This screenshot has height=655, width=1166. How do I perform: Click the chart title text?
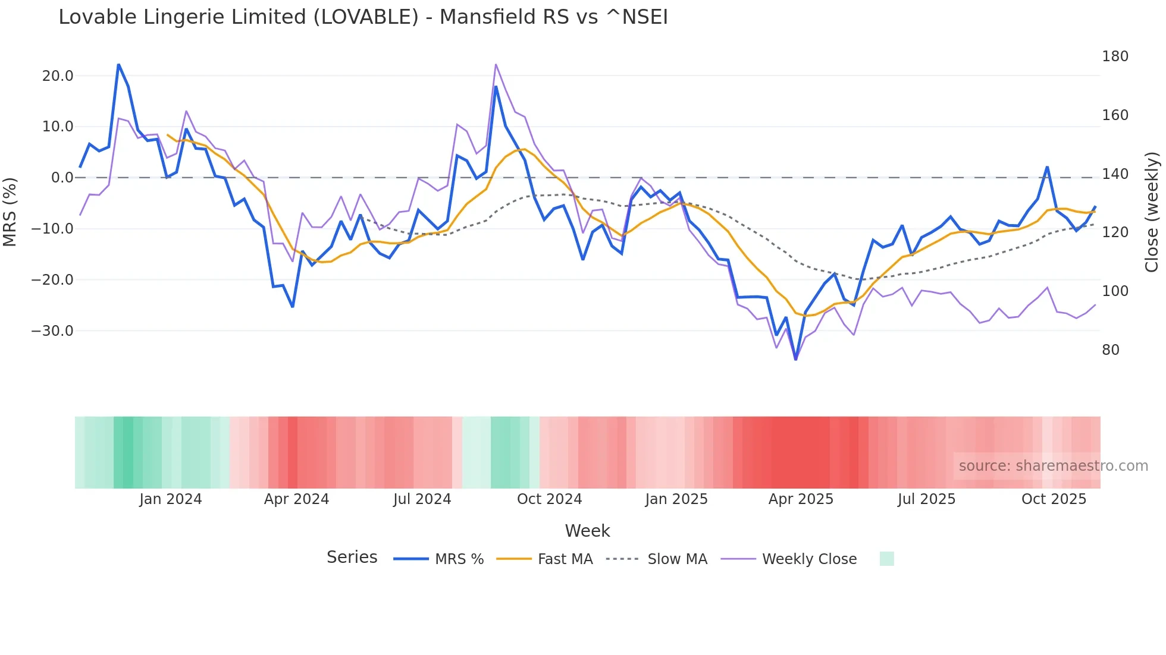click(x=363, y=17)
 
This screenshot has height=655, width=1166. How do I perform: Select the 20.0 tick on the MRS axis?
click(x=58, y=76)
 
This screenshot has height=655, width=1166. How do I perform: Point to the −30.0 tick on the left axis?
click(x=52, y=331)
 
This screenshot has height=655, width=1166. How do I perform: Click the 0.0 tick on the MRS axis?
click(x=62, y=178)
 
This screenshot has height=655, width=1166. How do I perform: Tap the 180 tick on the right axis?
click(x=1115, y=56)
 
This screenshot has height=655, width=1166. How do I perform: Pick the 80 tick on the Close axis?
click(x=1110, y=350)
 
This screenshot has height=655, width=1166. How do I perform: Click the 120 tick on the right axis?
click(x=1115, y=232)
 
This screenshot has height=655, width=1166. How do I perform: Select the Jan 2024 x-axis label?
click(x=171, y=499)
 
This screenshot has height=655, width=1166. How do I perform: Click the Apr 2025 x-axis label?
click(x=801, y=499)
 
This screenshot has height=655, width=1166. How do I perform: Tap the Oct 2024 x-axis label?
click(x=549, y=499)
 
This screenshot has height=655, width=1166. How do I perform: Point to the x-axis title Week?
click(x=587, y=531)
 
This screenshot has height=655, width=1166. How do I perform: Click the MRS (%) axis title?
click(x=10, y=212)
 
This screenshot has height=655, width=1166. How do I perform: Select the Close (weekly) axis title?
click(x=1152, y=212)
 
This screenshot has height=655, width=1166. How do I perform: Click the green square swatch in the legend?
click(x=886, y=559)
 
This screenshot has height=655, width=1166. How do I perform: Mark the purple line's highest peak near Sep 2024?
click(x=496, y=64)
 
